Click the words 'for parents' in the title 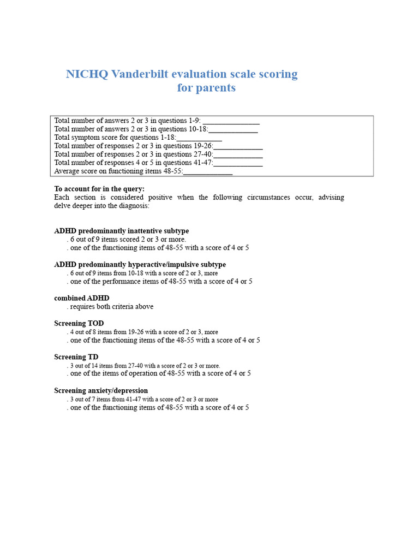(x=206, y=88)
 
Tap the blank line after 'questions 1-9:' (x=231, y=121)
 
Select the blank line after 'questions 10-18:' (x=233, y=129)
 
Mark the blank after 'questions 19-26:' (x=238, y=146)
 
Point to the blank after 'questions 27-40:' (x=238, y=154)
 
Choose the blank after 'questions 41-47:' (x=238, y=163)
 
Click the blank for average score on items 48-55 (x=208, y=171)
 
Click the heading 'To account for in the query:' (x=99, y=189)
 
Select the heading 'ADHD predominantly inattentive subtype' (x=122, y=231)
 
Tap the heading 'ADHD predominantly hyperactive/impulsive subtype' (x=140, y=265)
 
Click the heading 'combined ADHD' (x=82, y=298)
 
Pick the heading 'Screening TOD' (x=79, y=323)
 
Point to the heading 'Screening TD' (x=76, y=357)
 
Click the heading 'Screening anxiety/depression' (x=101, y=391)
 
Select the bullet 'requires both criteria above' (x=111, y=307)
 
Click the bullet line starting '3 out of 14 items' (x=144, y=366)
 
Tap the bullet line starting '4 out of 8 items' (x=143, y=332)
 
